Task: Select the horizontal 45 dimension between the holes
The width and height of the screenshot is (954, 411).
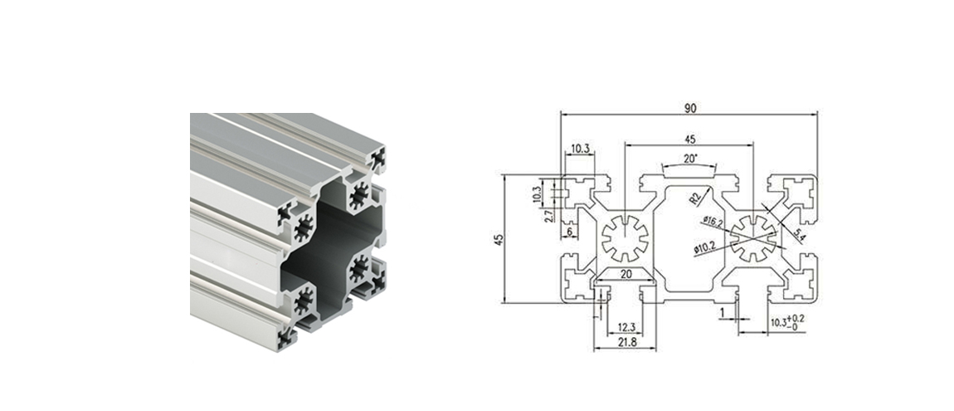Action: coord(689,139)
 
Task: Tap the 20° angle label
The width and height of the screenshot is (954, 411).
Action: coord(690,158)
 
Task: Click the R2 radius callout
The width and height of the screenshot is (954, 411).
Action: coord(697,197)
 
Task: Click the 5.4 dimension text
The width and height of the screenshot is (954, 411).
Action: coord(800,235)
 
